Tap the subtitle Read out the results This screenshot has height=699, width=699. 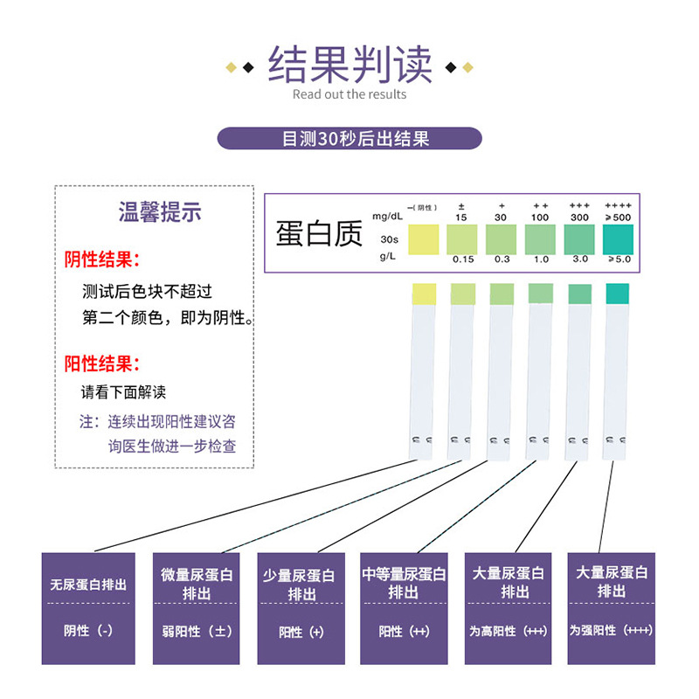[349, 94]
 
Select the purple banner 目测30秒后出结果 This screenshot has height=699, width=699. [349, 138]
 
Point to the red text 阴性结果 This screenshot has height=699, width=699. [102, 260]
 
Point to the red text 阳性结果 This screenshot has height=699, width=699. [102, 363]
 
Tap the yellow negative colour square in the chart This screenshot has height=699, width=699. [422, 238]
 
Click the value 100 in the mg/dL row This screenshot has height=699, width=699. [539, 217]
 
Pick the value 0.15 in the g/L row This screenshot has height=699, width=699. [462, 260]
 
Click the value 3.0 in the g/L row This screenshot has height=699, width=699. [579, 260]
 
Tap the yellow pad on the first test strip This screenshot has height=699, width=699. [424, 294]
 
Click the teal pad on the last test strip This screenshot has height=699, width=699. [617, 294]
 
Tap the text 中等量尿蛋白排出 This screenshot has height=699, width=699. [404, 583]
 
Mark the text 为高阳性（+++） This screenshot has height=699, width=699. [508, 631]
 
